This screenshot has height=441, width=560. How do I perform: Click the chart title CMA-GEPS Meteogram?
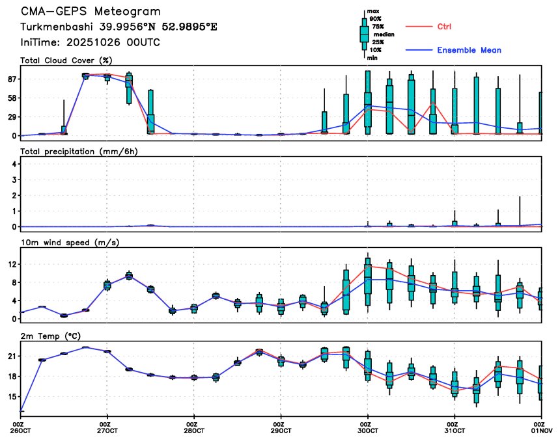(x=91, y=12)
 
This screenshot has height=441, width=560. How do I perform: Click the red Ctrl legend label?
(x=443, y=27)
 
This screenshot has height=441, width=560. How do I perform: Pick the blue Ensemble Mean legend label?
(x=469, y=50)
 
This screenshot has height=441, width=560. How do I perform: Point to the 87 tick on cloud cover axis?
(x=11, y=79)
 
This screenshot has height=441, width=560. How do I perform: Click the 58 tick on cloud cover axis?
(x=11, y=98)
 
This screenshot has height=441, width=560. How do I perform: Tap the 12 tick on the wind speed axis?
(x=11, y=264)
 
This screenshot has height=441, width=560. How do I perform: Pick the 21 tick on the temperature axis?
(x=11, y=356)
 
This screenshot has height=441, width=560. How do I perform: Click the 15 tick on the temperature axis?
(x=11, y=396)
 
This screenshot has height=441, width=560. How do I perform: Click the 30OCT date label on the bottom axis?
(x=368, y=431)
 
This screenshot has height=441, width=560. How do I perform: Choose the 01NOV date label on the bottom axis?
(x=541, y=431)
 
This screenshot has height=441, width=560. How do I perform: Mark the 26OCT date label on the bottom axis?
(x=21, y=431)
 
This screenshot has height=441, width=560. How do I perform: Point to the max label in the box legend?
(x=373, y=12)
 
